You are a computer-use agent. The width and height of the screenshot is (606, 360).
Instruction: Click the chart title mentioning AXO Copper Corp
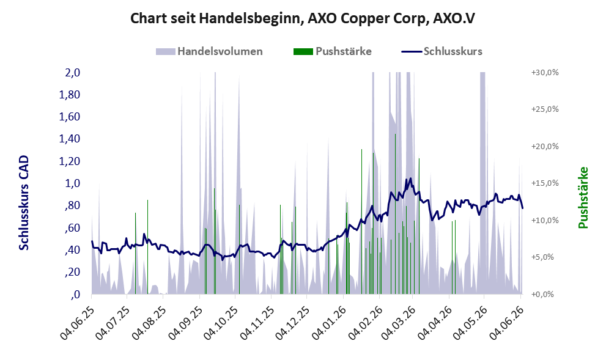point(302,18)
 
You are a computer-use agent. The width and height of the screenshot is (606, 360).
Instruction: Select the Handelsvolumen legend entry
point(209,51)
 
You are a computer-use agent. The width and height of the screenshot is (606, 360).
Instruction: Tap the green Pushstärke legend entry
point(333,51)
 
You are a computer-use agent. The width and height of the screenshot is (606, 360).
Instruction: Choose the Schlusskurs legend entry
point(442,51)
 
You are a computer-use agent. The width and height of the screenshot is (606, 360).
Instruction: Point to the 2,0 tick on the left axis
point(72,73)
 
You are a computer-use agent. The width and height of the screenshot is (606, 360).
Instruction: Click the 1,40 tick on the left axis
point(69,139)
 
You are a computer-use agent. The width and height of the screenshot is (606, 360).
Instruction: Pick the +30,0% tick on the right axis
point(545,73)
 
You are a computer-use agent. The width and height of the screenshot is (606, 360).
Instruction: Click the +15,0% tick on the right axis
point(545,183)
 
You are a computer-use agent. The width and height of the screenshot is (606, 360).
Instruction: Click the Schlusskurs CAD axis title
point(24,203)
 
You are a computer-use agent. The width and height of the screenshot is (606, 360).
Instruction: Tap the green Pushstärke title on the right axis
point(583,198)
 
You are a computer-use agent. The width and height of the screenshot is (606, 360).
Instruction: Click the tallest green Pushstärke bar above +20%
point(395,214)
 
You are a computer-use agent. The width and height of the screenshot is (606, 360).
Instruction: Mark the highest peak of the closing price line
point(410,178)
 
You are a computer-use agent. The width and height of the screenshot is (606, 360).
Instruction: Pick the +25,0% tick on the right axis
point(545,109)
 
